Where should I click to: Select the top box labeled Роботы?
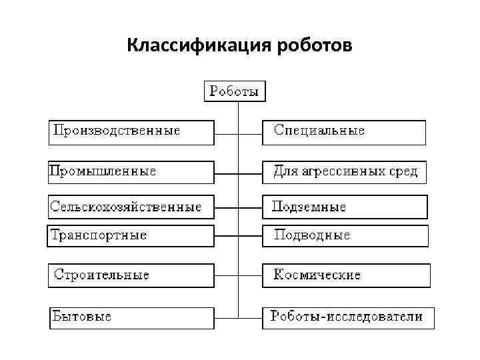pyautogui.click(x=235, y=91)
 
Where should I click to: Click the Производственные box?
pyautogui.click(x=132, y=132)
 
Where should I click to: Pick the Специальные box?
pyautogui.click(x=343, y=132)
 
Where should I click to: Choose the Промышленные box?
pyautogui.click(x=131, y=172)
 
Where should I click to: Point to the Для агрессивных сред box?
pyautogui.click(x=344, y=172)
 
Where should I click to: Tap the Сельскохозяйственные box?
pyautogui.click(x=131, y=207)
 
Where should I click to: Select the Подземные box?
pyautogui.click(x=345, y=207)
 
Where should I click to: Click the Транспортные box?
pyautogui.click(x=131, y=235)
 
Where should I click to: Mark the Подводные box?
pyautogui.click(x=345, y=235)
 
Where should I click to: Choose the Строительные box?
pyautogui.click(x=132, y=275)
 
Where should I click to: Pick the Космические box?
pyautogui.click(x=346, y=275)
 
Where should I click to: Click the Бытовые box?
pyautogui.click(x=132, y=317)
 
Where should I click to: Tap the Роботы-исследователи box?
pyautogui.click(x=348, y=317)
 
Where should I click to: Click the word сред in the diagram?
pyautogui.click(x=403, y=172)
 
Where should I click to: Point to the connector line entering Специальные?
pyautogui.click(x=250, y=134)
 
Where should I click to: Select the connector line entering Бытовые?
pyautogui.click(x=226, y=315)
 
